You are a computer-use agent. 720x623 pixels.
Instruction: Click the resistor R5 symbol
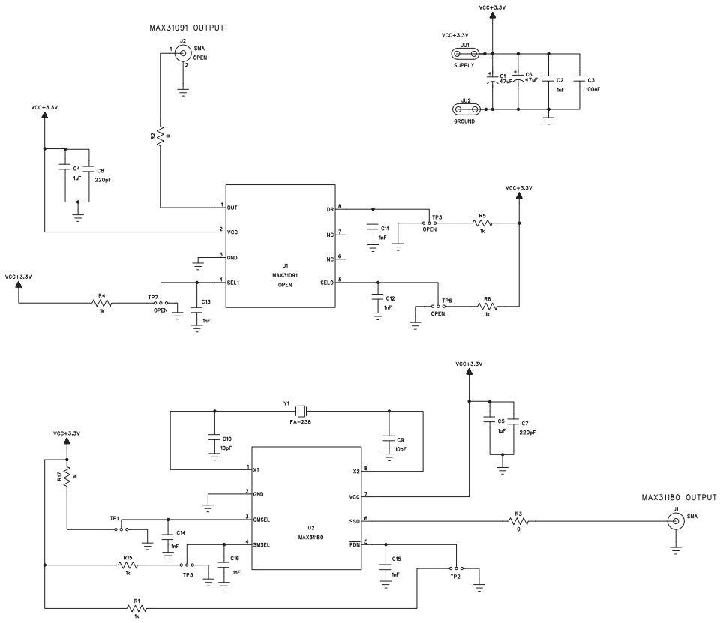coord(483,223)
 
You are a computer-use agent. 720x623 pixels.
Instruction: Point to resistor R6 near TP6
coord(487,306)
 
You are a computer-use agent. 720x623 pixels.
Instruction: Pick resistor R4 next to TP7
coord(100,303)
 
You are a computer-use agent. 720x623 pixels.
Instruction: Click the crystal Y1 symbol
coord(301,410)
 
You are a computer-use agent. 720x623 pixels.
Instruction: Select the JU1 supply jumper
coord(465,53)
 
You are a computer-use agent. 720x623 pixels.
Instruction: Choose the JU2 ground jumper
coord(465,109)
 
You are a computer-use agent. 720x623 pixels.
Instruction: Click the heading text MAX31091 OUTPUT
coord(187,28)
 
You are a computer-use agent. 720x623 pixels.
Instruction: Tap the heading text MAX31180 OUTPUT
coord(679,497)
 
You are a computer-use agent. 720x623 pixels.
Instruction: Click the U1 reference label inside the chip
coord(285,265)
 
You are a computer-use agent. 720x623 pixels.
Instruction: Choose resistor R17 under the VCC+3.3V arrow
coord(67,478)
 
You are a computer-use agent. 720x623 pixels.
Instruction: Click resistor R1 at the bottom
coord(136,608)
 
